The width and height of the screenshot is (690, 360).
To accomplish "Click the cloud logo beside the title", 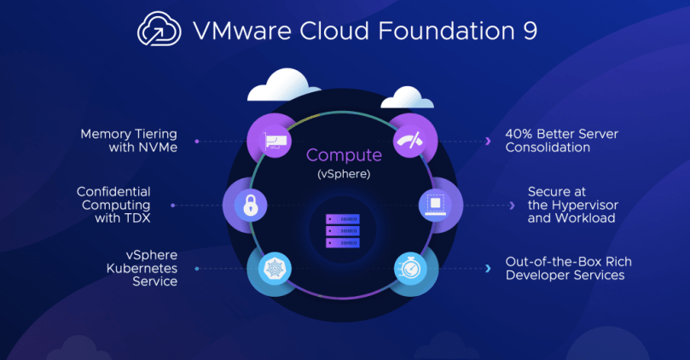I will [x=159, y=32].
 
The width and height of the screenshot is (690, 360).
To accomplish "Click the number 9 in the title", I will [x=530, y=32].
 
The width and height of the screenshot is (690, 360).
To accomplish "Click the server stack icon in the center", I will [x=342, y=231].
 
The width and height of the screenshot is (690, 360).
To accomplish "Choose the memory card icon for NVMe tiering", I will [x=275, y=141].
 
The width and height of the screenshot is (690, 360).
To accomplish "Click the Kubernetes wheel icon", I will [x=271, y=270].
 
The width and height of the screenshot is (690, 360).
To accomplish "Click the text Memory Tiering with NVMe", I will [x=128, y=141].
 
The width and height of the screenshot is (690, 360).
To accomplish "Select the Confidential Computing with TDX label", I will [x=113, y=205].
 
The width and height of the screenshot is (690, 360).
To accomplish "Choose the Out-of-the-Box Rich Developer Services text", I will [x=568, y=269].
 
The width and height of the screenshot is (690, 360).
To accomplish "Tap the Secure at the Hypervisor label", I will [x=572, y=205].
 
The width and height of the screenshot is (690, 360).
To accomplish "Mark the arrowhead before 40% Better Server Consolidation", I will [x=487, y=141].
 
